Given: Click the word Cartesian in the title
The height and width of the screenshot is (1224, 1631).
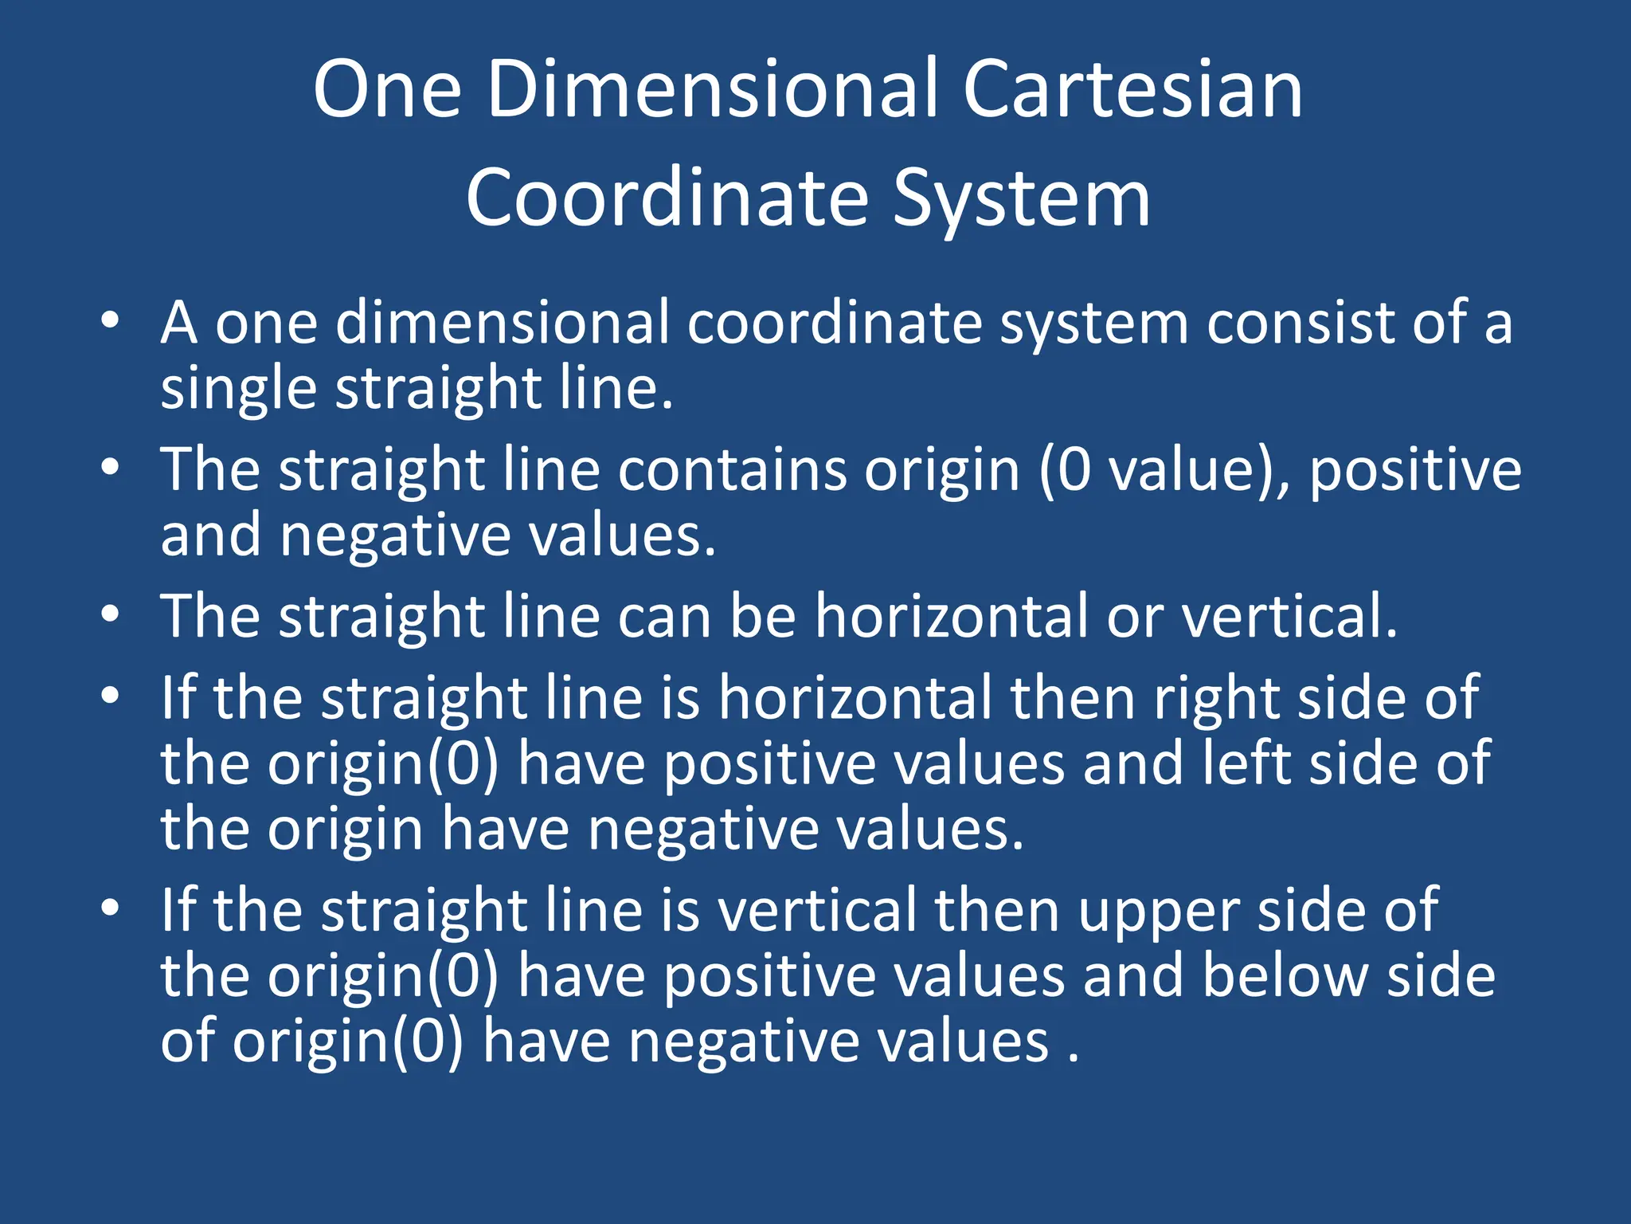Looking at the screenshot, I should click(x=1132, y=89).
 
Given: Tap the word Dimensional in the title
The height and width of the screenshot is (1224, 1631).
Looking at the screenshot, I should click(x=714, y=89).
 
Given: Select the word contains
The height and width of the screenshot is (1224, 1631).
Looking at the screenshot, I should click(x=732, y=470).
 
